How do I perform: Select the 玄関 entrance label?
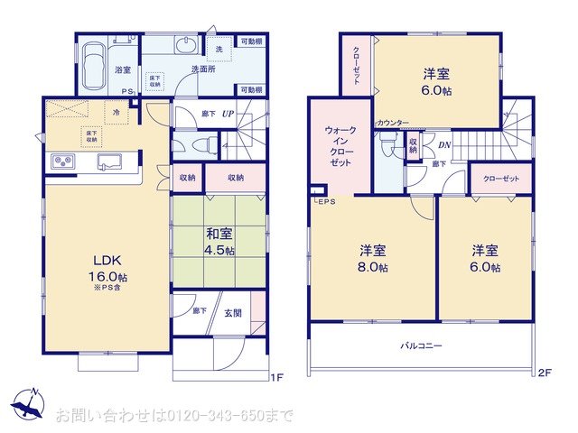pyautogui.click(x=232, y=313)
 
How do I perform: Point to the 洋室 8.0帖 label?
pyautogui.click(x=373, y=258)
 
